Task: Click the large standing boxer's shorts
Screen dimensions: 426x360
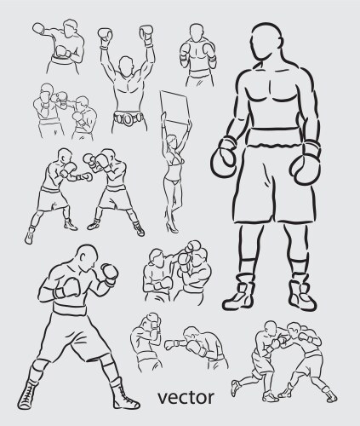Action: click(267, 187)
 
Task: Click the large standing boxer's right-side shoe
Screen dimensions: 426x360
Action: click(301, 294)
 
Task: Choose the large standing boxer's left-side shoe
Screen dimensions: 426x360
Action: click(239, 296)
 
